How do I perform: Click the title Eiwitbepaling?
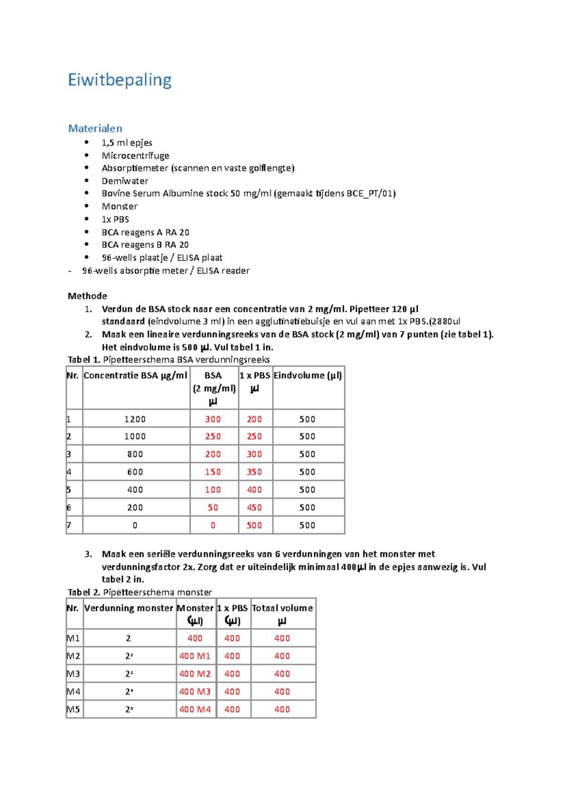[x=120, y=80]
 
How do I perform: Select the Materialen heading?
[x=95, y=128]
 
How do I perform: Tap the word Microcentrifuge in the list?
[x=135, y=155]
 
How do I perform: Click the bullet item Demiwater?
[x=125, y=181]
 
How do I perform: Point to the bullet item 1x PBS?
[x=115, y=219]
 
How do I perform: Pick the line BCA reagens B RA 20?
[x=145, y=245]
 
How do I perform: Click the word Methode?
[x=87, y=296]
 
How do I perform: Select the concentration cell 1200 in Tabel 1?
[x=135, y=419]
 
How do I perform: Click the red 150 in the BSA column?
[x=213, y=472]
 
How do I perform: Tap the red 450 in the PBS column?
[x=254, y=507]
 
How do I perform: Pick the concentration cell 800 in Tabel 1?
[x=135, y=454]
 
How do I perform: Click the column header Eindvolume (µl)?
[x=308, y=376]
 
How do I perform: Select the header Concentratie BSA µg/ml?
[x=136, y=376]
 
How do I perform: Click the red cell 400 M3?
[x=195, y=691]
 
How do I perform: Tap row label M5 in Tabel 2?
[x=73, y=709]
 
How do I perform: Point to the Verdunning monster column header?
[x=129, y=608]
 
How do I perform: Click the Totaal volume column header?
[x=282, y=608]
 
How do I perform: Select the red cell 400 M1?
[x=195, y=656]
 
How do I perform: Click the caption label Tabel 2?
[x=84, y=592]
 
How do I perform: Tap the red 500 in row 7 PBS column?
[x=254, y=525]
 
